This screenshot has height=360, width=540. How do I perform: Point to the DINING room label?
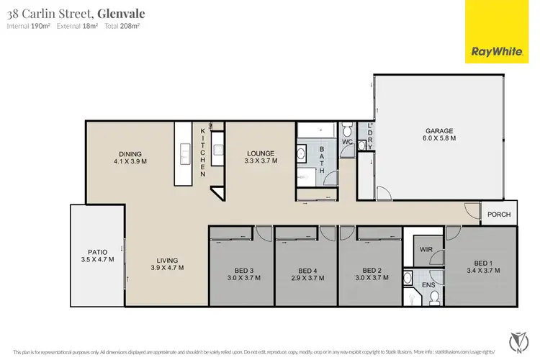coord(130,153)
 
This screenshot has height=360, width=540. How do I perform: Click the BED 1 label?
coord(480,263)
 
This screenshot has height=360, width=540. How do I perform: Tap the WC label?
coord(346,143)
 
